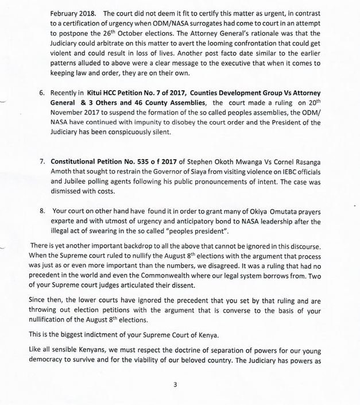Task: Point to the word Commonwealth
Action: [x=198, y=279]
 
